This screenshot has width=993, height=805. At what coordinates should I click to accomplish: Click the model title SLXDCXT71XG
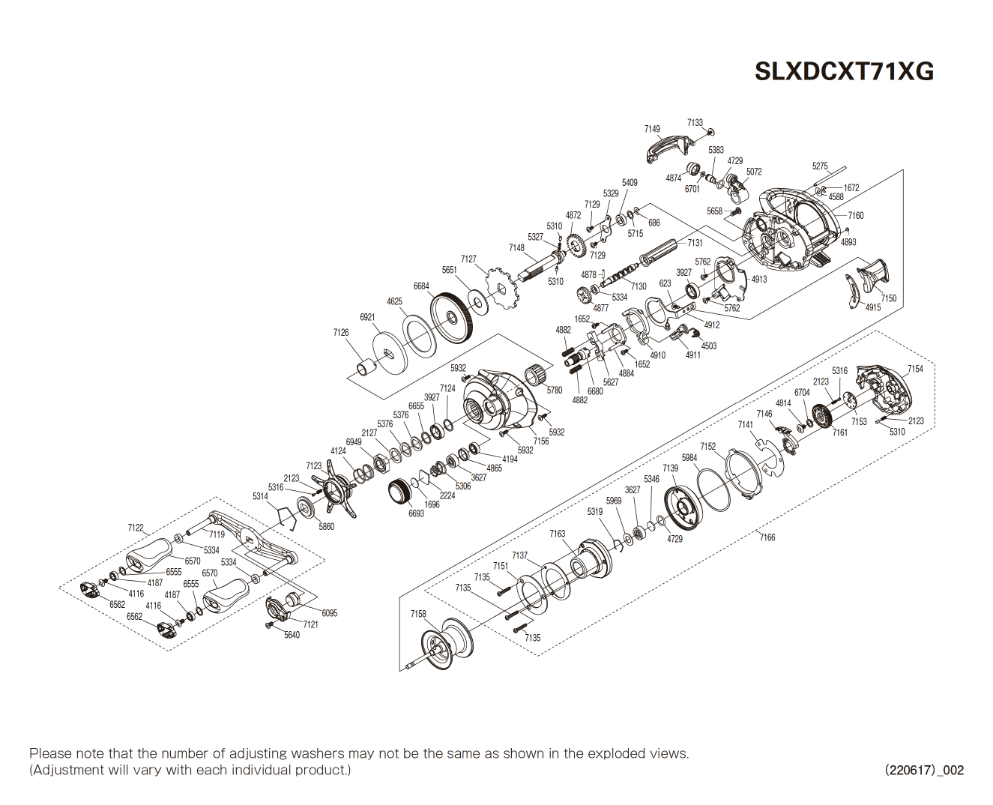844,71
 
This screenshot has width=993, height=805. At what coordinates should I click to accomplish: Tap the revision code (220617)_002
923,770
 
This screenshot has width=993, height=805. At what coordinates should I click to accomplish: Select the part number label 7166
767,537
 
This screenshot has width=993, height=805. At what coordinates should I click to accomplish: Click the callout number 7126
341,332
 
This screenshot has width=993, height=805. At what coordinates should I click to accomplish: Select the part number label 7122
136,528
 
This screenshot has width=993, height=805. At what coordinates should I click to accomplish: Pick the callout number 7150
888,298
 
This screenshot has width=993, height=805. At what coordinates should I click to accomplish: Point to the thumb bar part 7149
666,148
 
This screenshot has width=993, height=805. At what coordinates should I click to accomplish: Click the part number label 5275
820,166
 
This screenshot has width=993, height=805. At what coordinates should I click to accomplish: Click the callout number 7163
557,534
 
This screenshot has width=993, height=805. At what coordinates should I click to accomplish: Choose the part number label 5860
327,526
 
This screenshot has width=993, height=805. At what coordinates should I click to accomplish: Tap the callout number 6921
367,317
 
